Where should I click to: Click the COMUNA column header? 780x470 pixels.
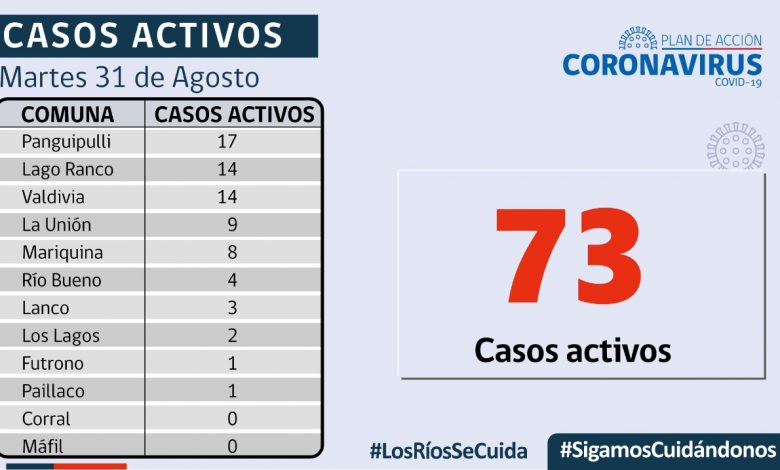68,114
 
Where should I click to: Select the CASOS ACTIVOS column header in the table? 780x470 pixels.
235,114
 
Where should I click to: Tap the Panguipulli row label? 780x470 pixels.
66,141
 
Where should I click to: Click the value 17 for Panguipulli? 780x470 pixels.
227,141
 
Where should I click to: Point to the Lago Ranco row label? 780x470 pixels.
68,169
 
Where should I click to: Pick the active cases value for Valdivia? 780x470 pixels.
227,197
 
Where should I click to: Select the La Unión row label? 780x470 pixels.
57,225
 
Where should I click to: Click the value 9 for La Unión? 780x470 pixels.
232,225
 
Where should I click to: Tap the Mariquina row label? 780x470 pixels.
62,253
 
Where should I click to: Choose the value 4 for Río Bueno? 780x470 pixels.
232,280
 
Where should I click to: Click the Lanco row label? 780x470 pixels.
47,308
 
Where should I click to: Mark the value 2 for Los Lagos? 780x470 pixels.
232,336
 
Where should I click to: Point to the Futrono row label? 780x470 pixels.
53,363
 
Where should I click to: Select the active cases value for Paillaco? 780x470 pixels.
232,391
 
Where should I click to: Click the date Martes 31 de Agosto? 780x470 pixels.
130,77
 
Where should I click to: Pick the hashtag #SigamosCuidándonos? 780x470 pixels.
668,449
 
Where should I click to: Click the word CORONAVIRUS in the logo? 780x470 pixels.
662,65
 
